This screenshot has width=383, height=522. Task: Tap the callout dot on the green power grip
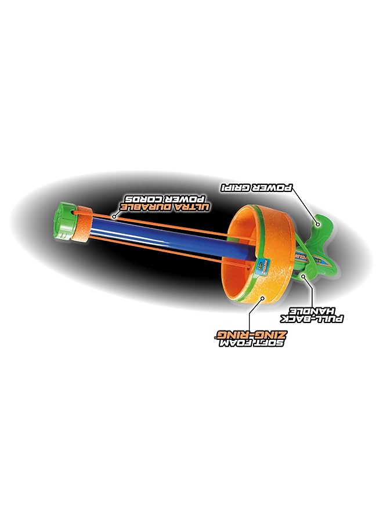(x=317, y=221)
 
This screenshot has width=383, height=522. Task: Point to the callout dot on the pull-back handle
(x=305, y=276)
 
